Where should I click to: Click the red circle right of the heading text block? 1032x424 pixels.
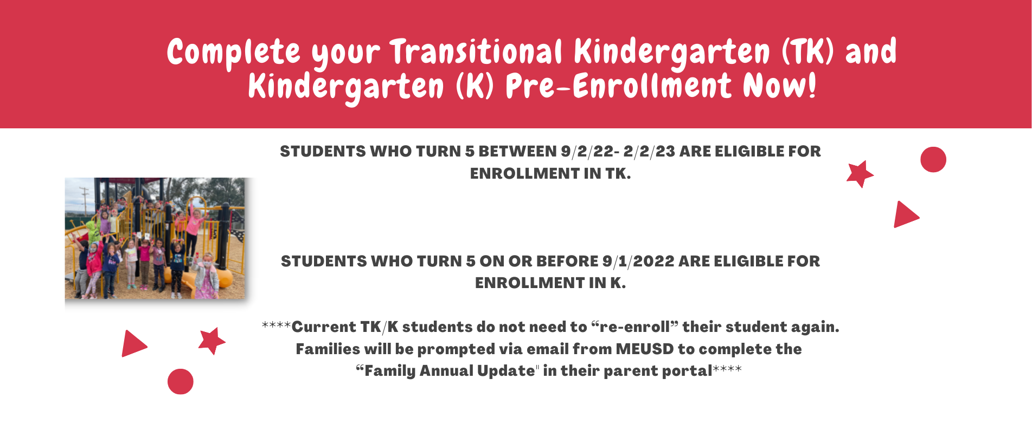(x=933, y=160)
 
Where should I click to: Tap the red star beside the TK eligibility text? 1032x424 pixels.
(x=860, y=174)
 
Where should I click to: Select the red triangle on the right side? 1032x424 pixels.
(x=906, y=214)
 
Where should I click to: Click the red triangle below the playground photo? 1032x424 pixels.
(x=133, y=343)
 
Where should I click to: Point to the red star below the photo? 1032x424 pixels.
(x=211, y=341)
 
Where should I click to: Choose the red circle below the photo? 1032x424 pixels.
(x=181, y=382)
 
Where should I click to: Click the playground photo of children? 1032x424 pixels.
(x=155, y=238)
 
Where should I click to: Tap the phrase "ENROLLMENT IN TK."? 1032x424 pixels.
(x=550, y=174)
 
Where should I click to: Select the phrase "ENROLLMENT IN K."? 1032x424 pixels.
(x=550, y=283)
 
